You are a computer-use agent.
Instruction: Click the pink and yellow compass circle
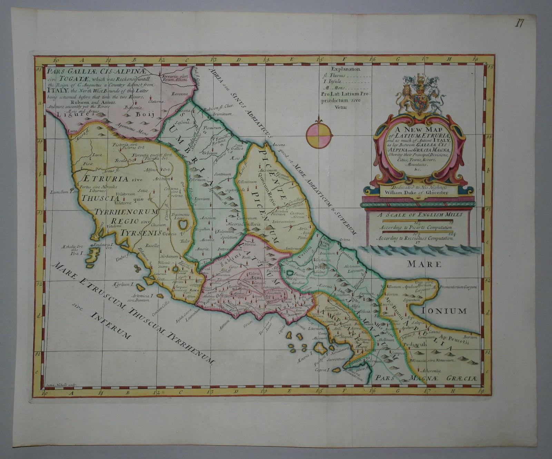pos(319,134)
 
